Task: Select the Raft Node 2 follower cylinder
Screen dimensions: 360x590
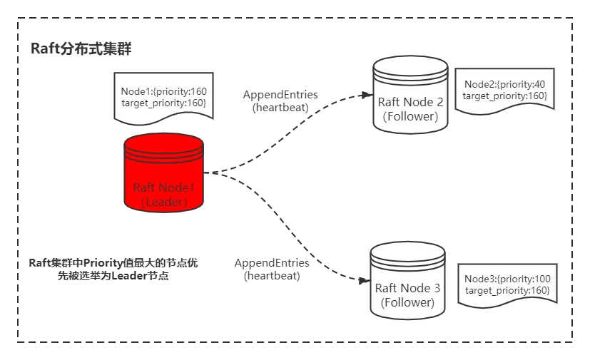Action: click(x=410, y=96)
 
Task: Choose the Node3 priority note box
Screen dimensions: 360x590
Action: click(x=507, y=284)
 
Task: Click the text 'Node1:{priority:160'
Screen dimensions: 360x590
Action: click(x=163, y=92)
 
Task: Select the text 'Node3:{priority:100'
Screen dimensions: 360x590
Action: click(x=507, y=279)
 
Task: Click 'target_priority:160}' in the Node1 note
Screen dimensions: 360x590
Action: click(x=163, y=103)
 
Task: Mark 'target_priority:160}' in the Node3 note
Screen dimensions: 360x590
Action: click(x=507, y=290)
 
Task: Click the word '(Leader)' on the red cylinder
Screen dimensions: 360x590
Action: click(x=163, y=202)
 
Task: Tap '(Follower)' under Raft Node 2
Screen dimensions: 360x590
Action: click(x=410, y=116)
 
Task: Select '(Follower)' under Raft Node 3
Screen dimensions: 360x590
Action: click(x=407, y=302)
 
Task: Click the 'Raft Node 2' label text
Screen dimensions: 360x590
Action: click(x=410, y=102)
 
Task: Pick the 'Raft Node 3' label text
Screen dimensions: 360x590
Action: click(x=407, y=289)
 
